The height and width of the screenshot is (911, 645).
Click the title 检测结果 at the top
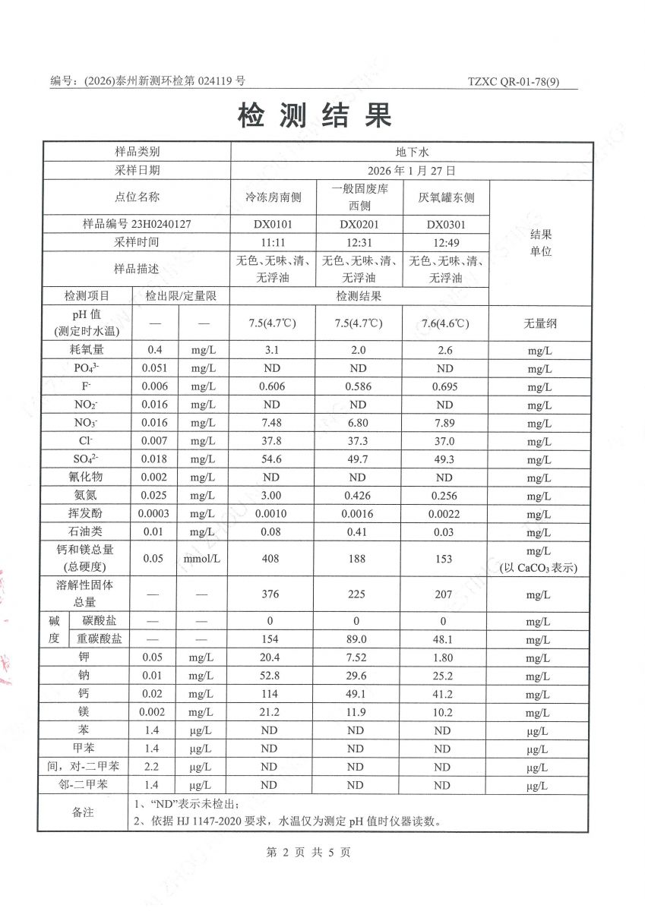pos(315,115)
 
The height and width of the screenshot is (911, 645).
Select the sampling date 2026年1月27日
pos(411,171)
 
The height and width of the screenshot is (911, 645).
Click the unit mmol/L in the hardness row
pos(201,559)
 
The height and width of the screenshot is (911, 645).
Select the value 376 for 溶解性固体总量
pos(270,594)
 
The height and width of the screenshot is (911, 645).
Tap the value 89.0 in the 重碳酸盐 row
pos(357,639)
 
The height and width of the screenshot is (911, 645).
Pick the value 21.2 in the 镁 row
pos(270,712)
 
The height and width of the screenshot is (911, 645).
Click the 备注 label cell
pos(83,812)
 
